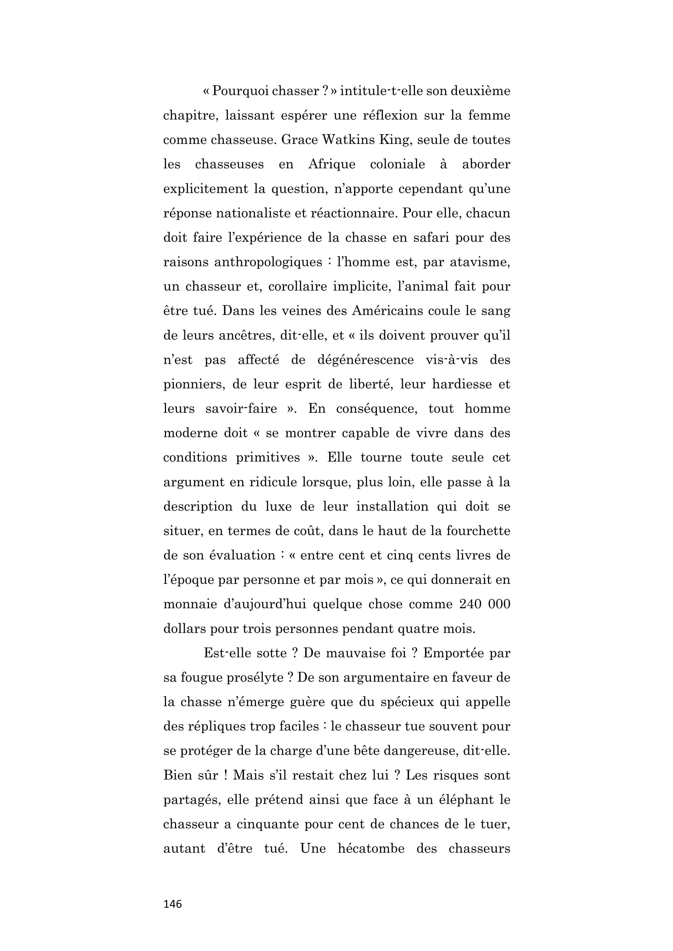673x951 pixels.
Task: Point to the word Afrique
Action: (x=332, y=164)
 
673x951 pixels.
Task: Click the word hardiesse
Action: (x=463, y=384)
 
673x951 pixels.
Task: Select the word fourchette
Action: (x=478, y=531)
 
